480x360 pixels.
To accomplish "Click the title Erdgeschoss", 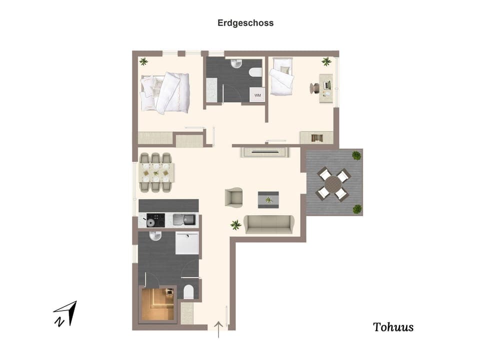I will (x=245, y=23).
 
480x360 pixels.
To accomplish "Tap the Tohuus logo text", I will (x=393, y=327).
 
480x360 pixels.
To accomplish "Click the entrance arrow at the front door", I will (x=218, y=330).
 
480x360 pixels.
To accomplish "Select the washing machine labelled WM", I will (x=257, y=94).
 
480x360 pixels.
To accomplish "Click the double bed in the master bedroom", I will (x=165, y=92).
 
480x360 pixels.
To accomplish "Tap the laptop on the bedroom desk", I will (x=327, y=85).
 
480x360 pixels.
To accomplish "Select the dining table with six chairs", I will (x=156, y=172).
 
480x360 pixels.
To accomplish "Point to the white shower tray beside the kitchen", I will (x=186, y=243).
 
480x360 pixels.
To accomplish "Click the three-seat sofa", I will (x=269, y=224).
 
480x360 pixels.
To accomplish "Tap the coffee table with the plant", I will (x=269, y=199).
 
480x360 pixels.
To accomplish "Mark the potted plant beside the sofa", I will (x=235, y=225).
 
